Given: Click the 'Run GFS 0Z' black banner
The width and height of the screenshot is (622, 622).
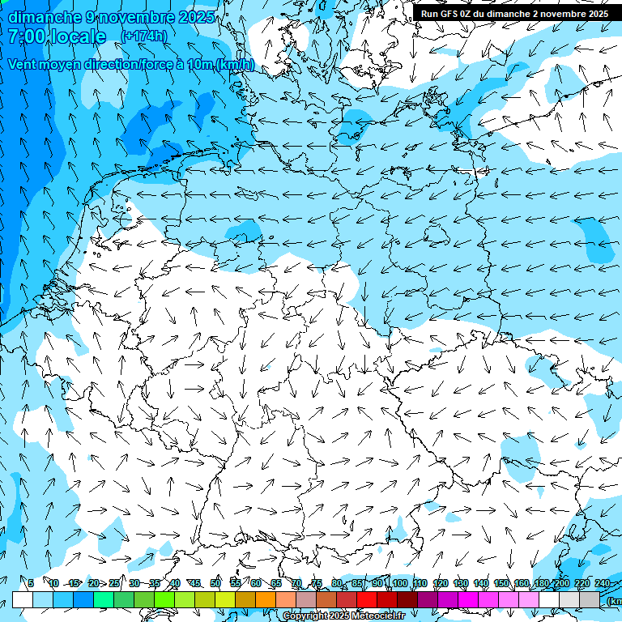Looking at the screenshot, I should pyautogui.click(x=514, y=14).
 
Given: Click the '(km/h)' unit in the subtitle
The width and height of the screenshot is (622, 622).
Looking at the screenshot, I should pyautogui.click(x=234, y=65).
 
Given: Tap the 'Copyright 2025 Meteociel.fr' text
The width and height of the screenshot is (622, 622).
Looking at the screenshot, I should pyautogui.click(x=343, y=616).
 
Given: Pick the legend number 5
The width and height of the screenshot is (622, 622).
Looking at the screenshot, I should pyautogui.click(x=30, y=583).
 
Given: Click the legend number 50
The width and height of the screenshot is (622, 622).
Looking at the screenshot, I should pyautogui.click(x=215, y=583).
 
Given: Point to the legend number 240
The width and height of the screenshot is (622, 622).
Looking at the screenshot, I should pyautogui.click(x=603, y=583).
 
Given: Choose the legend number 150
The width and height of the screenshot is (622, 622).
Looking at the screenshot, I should pyautogui.click(x=501, y=583).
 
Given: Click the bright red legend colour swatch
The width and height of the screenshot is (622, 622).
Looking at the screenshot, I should pyautogui.click(x=367, y=599).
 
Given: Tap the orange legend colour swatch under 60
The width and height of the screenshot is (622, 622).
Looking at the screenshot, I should pyautogui.click(x=266, y=599).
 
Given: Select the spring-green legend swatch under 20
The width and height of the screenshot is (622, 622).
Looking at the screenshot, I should pyautogui.click(x=104, y=599).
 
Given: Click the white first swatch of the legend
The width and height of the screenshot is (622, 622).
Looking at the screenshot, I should pyautogui.click(x=23, y=599).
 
